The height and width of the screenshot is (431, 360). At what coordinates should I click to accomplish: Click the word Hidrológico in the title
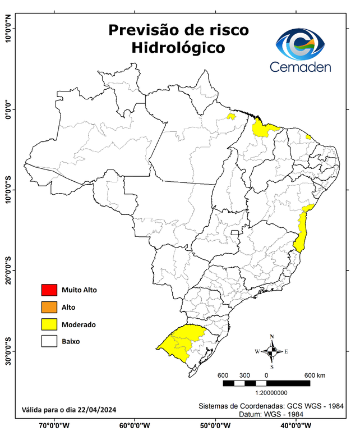(178, 48)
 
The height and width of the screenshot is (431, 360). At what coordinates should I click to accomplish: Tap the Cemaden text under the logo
(300, 67)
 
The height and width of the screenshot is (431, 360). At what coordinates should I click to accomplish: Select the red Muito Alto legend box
(49, 290)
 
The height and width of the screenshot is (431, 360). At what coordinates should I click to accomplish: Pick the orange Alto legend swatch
(49, 307)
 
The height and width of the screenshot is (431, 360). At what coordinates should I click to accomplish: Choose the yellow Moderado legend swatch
(49, 324)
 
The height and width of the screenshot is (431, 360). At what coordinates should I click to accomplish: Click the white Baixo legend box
(49, 341)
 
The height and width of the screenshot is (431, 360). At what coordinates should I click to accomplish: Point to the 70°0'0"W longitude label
(54, 425)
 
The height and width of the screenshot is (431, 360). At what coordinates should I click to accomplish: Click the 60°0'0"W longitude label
(135, 425)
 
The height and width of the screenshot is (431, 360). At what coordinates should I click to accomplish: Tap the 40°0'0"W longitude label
(295, 425)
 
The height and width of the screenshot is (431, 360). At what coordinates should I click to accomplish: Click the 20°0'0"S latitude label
(8, 270)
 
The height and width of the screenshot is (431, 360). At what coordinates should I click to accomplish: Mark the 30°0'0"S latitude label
(8, 351)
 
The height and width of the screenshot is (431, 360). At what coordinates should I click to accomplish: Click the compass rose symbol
(272, 352)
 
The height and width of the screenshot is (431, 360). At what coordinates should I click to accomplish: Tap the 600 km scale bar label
(316, 375)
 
